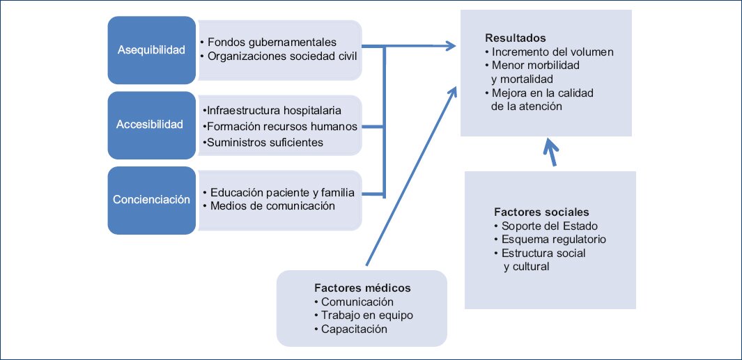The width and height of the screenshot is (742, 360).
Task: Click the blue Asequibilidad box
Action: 151,50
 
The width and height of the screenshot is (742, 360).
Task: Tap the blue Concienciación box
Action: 151,199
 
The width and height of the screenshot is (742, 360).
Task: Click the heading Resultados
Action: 515,38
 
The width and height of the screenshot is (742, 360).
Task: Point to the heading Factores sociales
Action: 541,212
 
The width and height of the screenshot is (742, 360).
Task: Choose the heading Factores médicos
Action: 362,288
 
